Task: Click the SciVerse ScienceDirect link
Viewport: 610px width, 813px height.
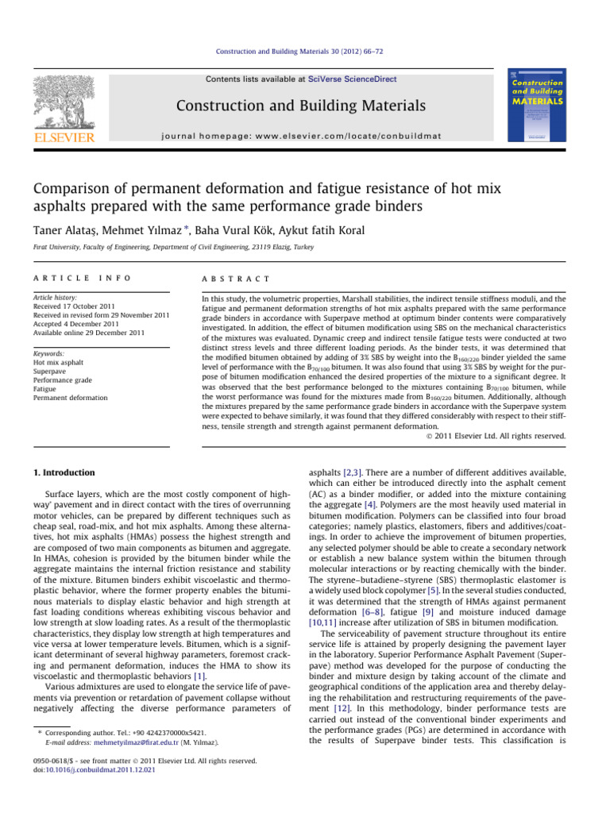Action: click(361, 79)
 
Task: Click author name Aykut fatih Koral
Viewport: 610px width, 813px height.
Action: click(376, 229)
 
